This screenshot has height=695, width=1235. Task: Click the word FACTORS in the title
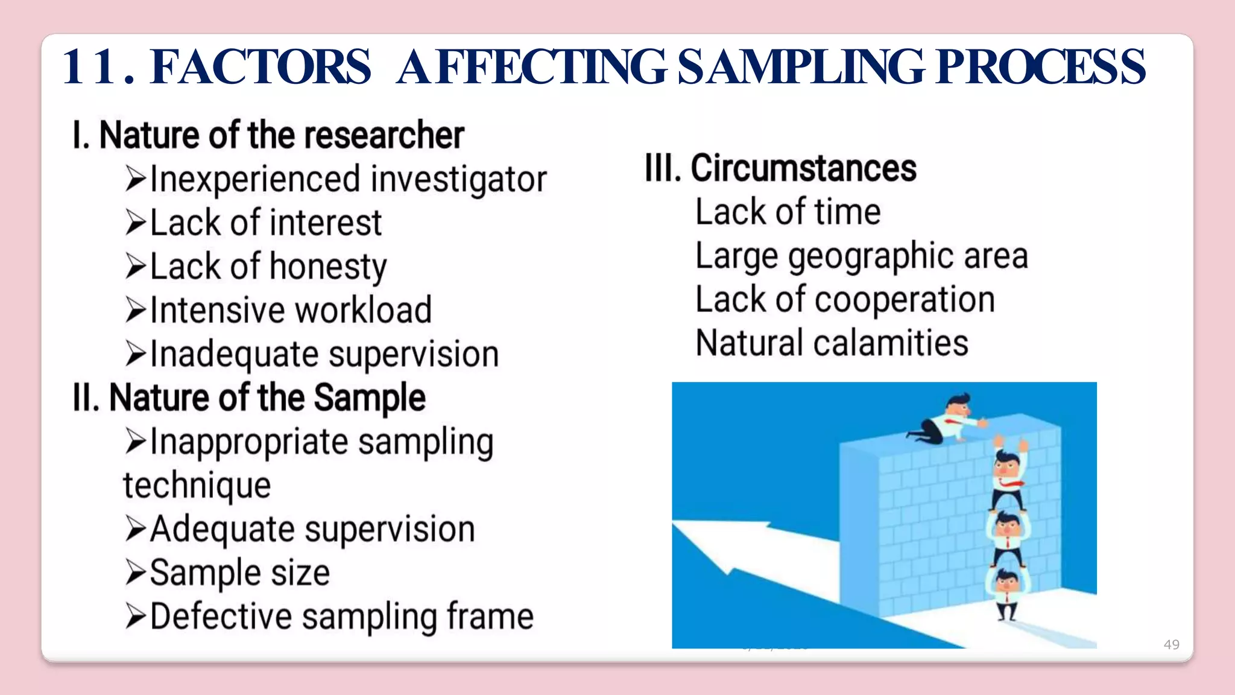coord(261,67)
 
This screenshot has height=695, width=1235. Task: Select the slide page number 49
coord(1171,644)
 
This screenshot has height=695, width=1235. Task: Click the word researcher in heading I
coord(388,135)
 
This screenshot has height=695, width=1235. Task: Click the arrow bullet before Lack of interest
coord(136,223)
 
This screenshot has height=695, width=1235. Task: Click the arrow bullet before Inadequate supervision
coord(136,354)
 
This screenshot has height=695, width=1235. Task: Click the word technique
coord(197,486)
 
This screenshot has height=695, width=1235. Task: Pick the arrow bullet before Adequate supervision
coord(136,529)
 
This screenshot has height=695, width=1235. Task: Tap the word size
coord(300,573)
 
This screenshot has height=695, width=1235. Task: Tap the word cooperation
coord(905,300)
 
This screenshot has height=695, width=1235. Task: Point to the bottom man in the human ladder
coord(1006,594)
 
